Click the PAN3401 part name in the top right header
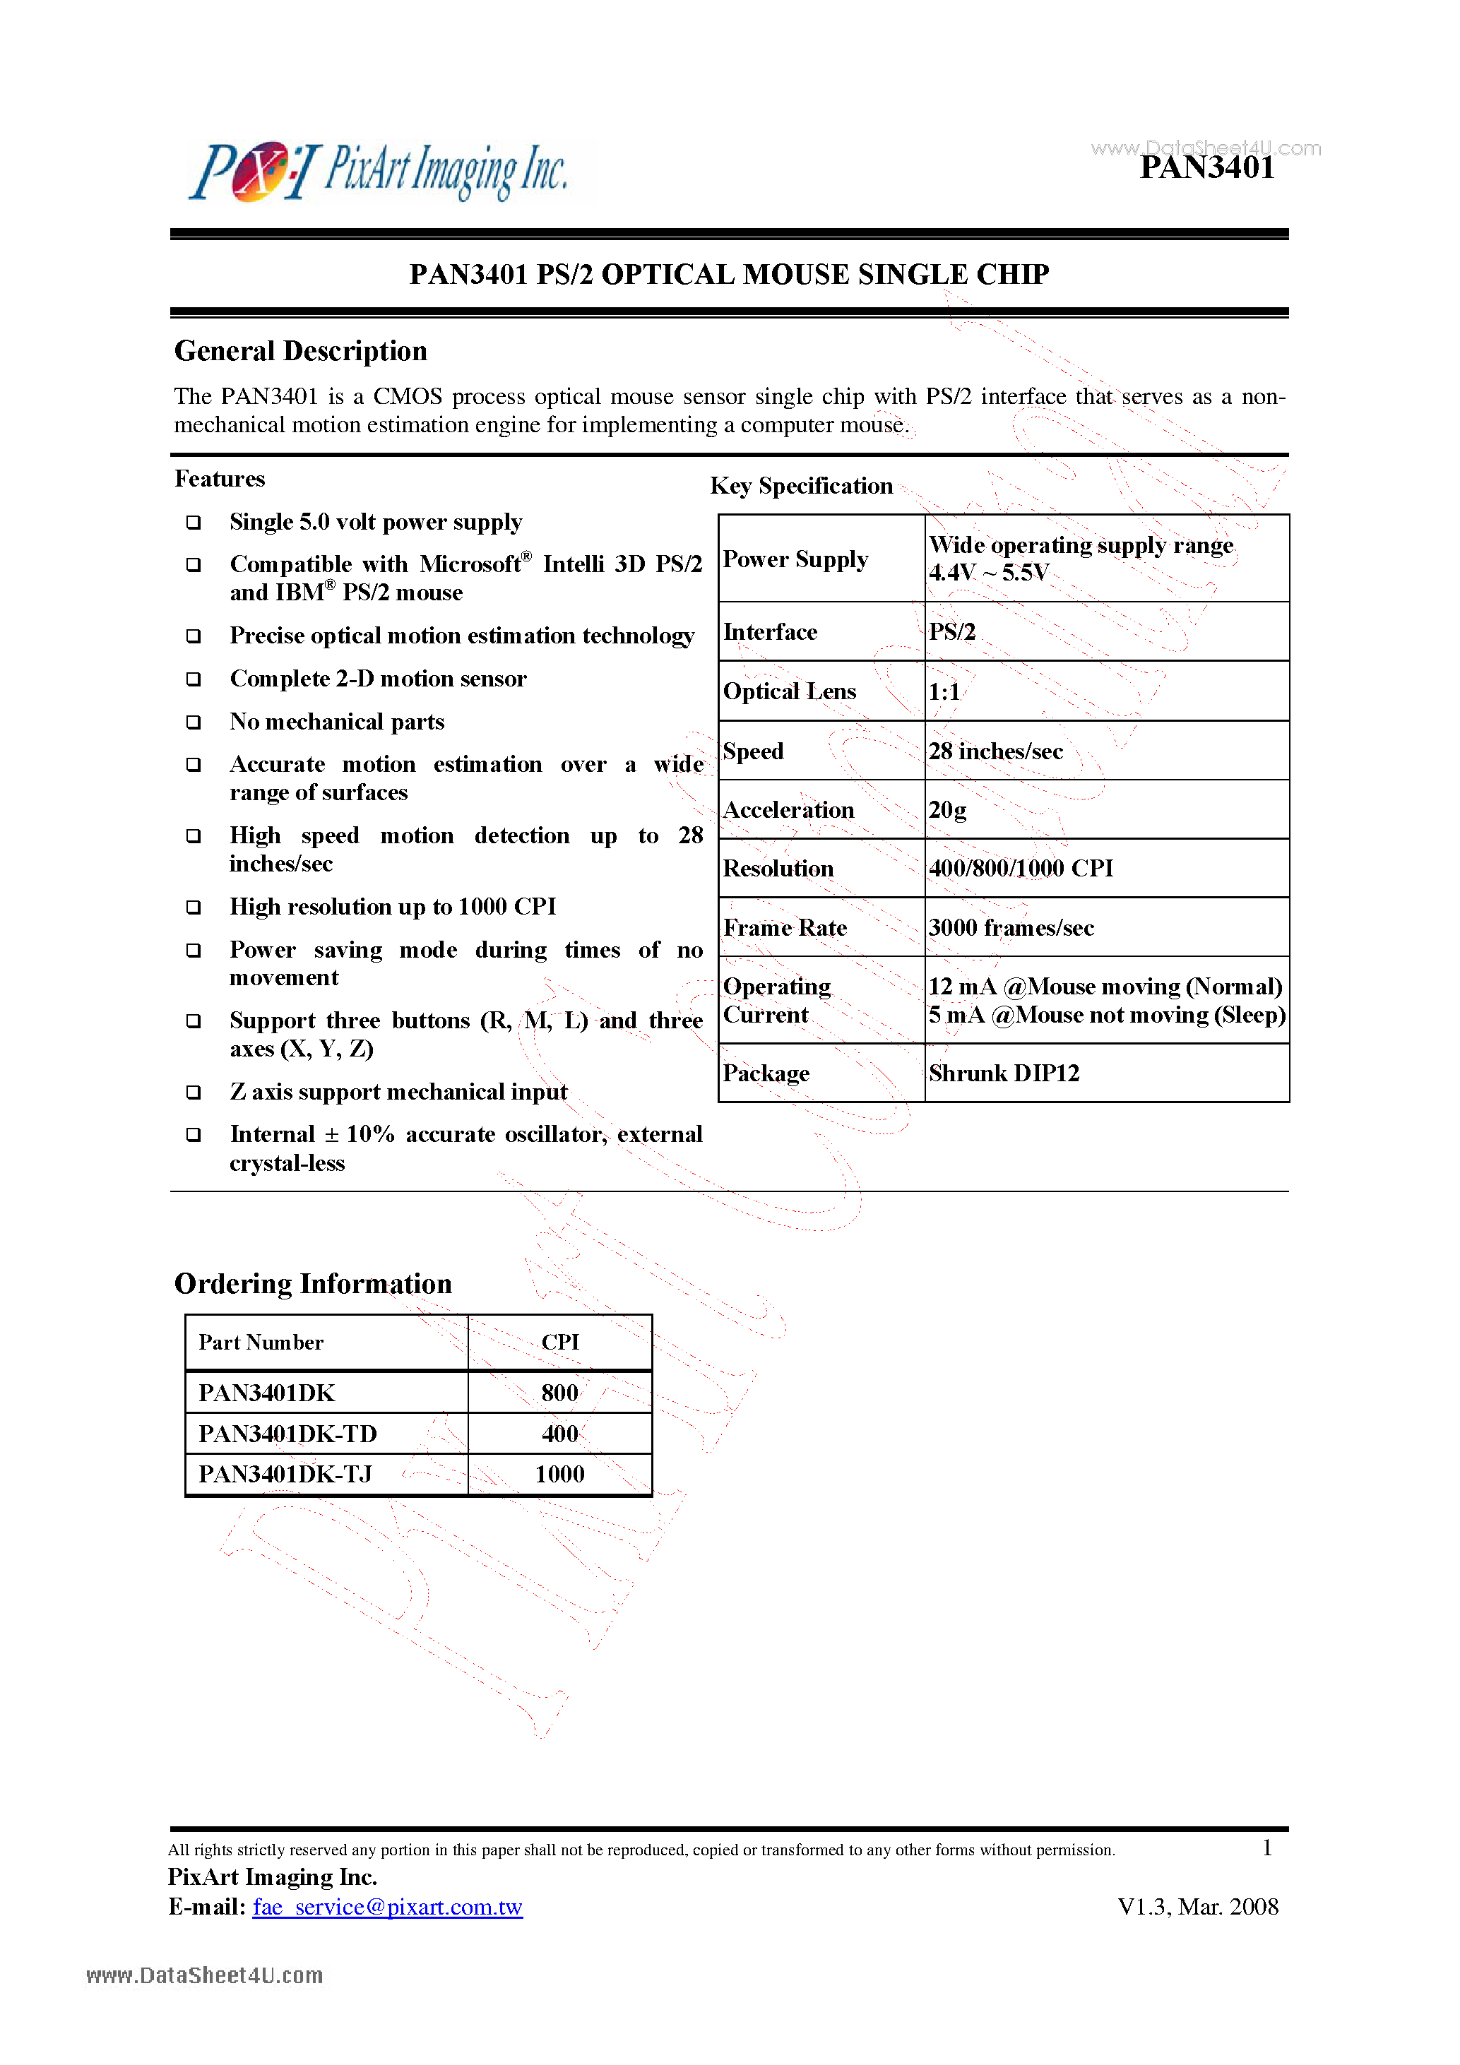[1206, 168]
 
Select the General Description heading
[300, 351]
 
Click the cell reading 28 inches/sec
[995, 751]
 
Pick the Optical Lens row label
[789, 691]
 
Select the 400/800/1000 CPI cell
[1020, 869]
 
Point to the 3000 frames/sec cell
[1010, 928]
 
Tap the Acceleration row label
[788, 810]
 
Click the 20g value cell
[947, 810]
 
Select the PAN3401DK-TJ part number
[285, 1474]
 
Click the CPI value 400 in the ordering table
[559, 1434]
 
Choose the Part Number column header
[261, 1343]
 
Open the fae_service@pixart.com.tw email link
[387, 1907]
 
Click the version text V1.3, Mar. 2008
[1197, 1907]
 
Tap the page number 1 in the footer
[1266, 1848]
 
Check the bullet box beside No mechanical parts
[194, 722]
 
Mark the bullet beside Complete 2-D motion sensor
[194, 679]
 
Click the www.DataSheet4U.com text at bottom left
[204, 1976]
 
